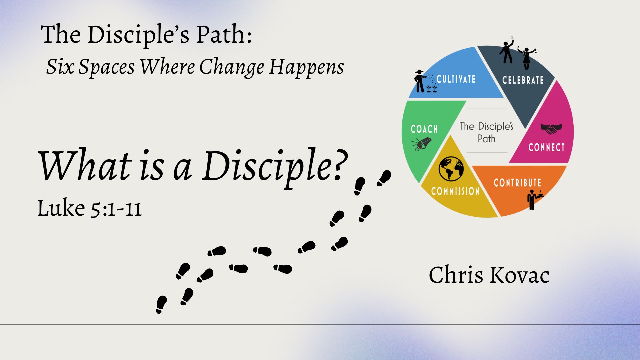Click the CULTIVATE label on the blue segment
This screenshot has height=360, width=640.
[456, 79]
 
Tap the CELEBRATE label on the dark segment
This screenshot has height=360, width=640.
[523, 80]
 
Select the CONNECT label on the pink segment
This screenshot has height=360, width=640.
[547, 147]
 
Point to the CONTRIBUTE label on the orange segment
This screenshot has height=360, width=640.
[517, 183]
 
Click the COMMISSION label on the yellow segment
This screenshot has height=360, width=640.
[455, 191]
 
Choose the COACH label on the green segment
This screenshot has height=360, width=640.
[424, 129]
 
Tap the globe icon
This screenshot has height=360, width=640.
[451, 169]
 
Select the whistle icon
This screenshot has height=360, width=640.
[421, 144]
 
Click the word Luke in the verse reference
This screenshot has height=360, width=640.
[61, 208]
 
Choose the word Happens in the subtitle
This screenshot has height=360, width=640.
[307, 68]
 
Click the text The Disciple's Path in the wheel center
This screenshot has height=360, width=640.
[486, 132]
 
